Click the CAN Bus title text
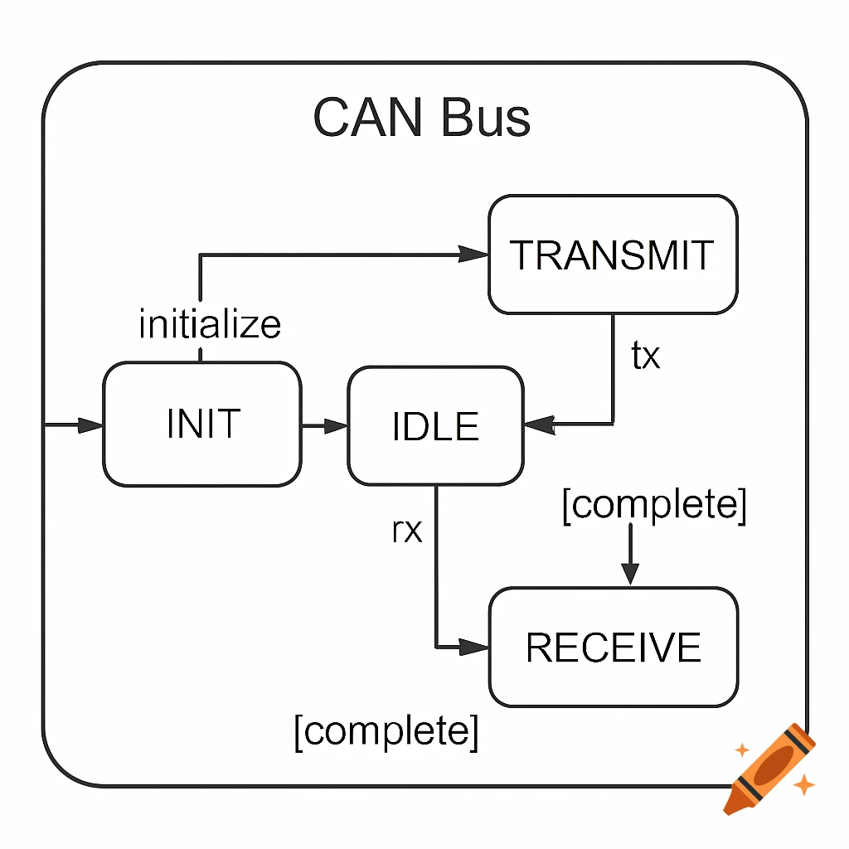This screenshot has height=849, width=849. click(x=422, y=118)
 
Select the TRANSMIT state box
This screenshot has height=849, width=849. click(x=613, y=255)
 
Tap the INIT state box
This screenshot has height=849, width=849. click(x=202, y=424)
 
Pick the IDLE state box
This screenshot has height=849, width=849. click(x=435, y=425)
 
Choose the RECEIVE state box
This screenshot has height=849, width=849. click(x=614, y=647)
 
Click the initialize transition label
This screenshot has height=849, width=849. click(x=210, y=324)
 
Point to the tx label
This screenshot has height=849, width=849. click(x=646, y=356)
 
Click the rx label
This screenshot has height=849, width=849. click(x=406, y=530)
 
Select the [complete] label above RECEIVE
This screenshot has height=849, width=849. click(x=654, y=504)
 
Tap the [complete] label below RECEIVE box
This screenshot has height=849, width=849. click(x=386, y=731)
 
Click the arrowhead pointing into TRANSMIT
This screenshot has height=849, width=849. click(x=473, y=255)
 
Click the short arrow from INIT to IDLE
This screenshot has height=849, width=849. click(x=324, y=425)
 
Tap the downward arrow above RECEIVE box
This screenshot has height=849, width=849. click(x=630, y=555)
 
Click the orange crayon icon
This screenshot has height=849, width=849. click(x=768, y=768)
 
